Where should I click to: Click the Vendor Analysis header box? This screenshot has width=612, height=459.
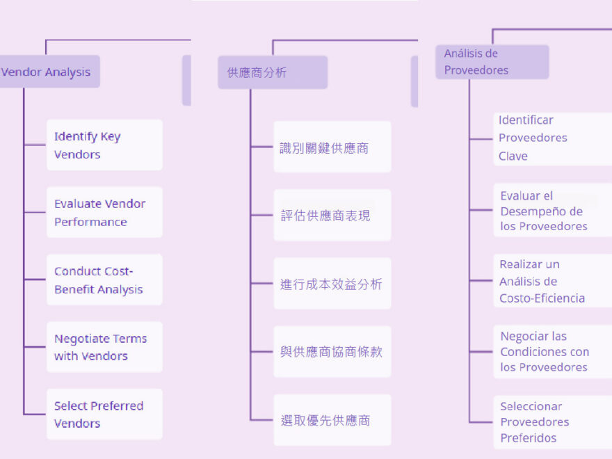click(49, 72)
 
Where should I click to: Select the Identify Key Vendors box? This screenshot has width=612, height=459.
click(104, 145)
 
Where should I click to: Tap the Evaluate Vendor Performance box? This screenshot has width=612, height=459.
click(104, 212)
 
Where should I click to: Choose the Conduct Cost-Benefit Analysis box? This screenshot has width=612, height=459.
click(104, 280)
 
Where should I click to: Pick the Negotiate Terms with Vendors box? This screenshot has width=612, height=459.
click(104, 346)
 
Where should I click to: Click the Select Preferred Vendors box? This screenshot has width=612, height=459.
click(104, 414)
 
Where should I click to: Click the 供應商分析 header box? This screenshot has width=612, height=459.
click(272, 72)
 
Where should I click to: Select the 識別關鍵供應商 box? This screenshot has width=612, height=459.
click(332, 147)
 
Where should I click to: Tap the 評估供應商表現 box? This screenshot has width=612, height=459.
click(332, 215)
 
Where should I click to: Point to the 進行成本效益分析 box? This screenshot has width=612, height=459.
click(332, 283)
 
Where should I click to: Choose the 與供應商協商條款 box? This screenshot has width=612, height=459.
click(332, 351)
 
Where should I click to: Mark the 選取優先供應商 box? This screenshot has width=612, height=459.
click(332, 419)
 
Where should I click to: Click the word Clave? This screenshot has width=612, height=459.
click(513, 156)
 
